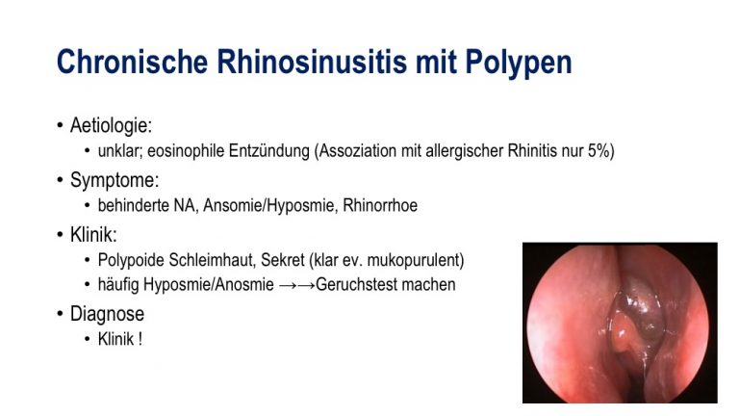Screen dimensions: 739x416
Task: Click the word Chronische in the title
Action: [x=133, y=62]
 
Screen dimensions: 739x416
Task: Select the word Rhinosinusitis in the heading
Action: [x=312, y=62]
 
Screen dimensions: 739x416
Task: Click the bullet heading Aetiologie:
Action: [x=112, y=125]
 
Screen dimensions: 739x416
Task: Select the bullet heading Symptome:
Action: [x=115, y=180]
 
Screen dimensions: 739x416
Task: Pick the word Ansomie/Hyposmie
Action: [x=270, y=206]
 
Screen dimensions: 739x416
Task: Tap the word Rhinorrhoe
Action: [x=380, y=205]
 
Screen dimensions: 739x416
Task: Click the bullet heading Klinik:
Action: [x=93, y=234]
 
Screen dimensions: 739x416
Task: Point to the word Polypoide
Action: [x=131, y=260]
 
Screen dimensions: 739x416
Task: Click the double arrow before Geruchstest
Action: [x=297, y=285]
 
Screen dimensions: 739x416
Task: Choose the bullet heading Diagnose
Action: [x=107, y=314]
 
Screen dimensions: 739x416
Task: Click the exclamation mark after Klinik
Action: [x=140, y=339]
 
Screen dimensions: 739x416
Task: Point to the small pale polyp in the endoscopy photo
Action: [x=624, y=332]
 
